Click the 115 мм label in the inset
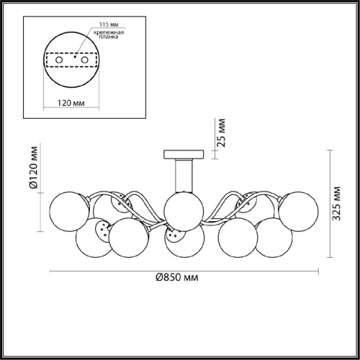click(x=109, y=24)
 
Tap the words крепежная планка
click(x=109, y=35)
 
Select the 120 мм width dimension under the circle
click(x=71, y=103)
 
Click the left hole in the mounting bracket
click(x=59, y=60)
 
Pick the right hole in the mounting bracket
click(x=84, y=60)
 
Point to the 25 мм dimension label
click(x=221, y=132)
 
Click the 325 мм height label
click(x=337, y=203)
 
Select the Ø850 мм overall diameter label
click(x=177, y=277)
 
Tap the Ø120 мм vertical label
click(x=34, y=167)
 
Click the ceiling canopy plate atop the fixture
click(x=184, y=154)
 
